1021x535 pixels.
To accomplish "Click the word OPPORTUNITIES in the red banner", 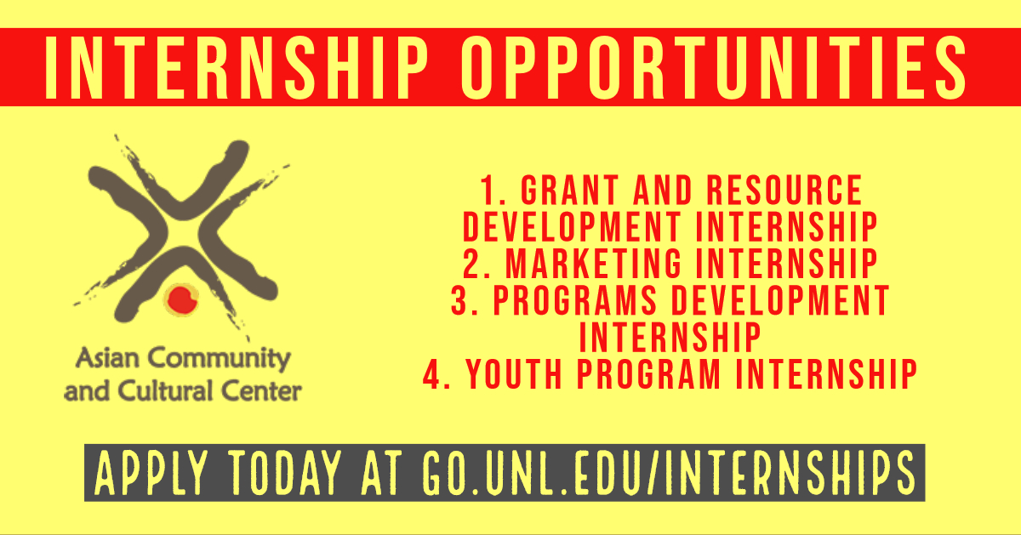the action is [713, 67].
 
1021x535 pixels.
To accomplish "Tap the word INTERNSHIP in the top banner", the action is [237, 67].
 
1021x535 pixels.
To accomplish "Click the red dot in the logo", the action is [182, 299].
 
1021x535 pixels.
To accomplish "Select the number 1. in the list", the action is [493, 190].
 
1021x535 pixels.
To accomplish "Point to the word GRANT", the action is [570, 190].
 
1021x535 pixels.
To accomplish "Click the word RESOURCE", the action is [784, 190].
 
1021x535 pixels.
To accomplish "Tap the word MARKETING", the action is [594, 264].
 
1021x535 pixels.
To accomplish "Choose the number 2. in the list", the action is [476, 264].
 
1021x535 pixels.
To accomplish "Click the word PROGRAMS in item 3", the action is [575, 300].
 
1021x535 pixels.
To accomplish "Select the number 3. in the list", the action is [465, 300].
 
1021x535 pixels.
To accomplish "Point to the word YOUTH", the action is [514, 374].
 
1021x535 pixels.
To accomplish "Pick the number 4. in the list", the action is [436, 374].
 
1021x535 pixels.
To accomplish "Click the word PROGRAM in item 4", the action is [649, 374].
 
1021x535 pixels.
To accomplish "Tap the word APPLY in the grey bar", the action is [151, 473].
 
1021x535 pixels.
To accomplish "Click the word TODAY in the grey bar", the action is [284, 473].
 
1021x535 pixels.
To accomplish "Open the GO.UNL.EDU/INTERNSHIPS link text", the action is [668, 473].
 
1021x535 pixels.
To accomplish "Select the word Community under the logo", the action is [219, 359].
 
